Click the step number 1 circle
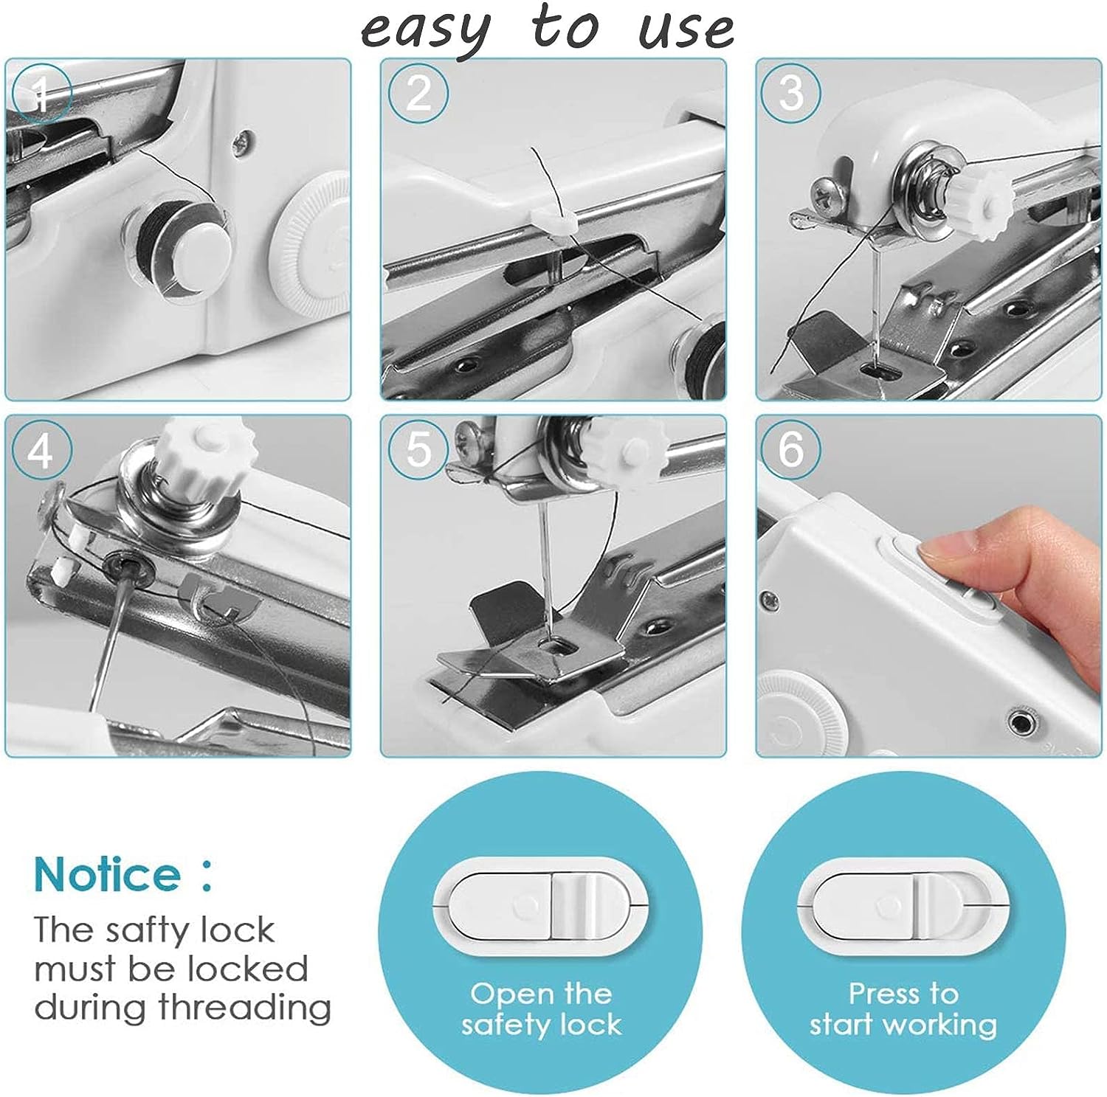point(41,93)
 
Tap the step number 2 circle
point(418,93)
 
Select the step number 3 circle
point(791,93)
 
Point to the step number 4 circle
point(41,449)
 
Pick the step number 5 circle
point(418,449)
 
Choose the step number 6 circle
point(791,449)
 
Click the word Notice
point(107,875)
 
